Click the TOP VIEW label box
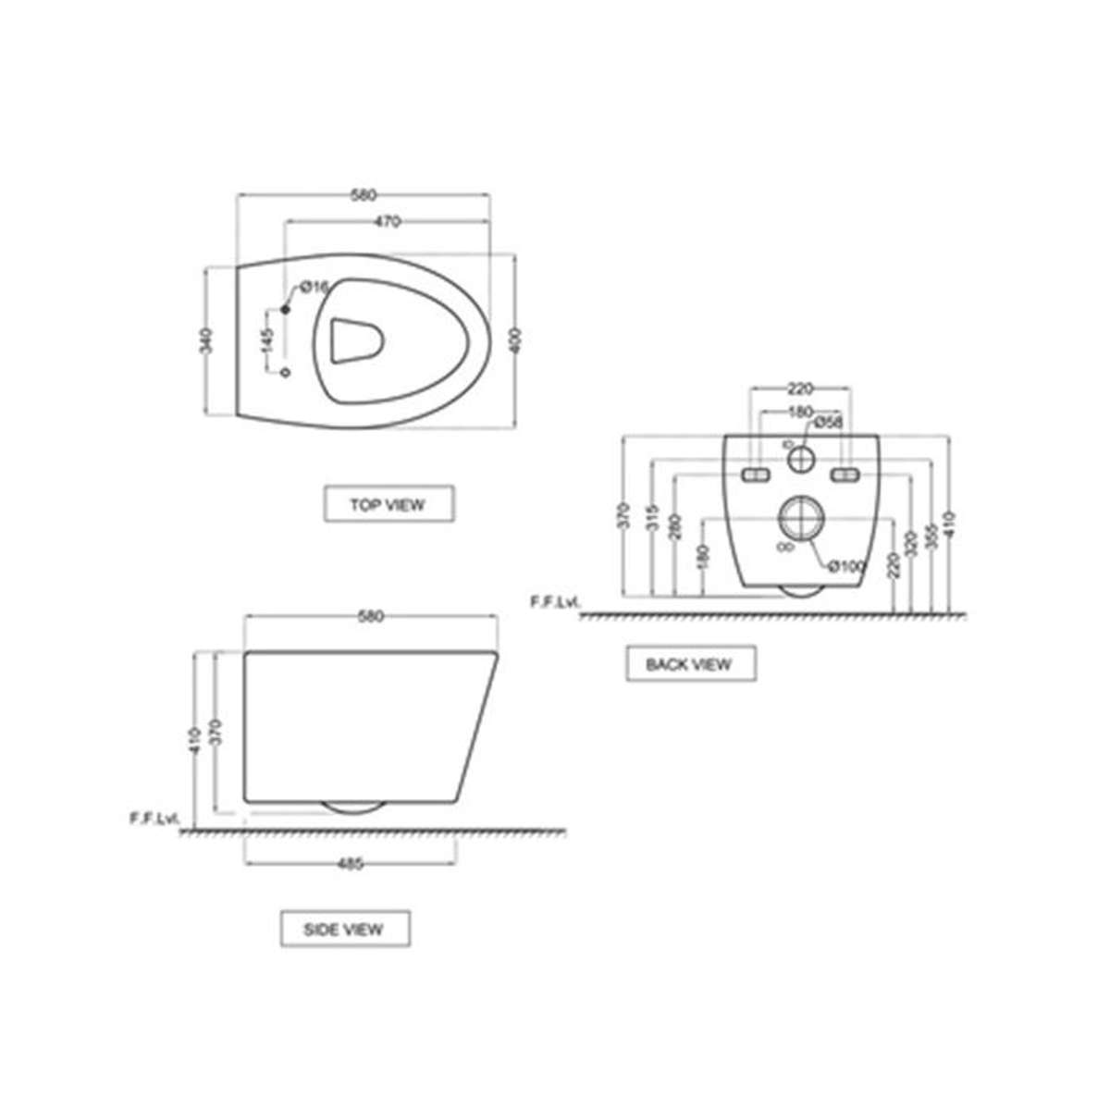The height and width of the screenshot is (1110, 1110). [388, 505]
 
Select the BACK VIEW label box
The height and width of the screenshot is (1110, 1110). [689, 663]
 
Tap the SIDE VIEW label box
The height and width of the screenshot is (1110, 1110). [344, 929]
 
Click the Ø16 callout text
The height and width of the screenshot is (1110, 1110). [314, 288]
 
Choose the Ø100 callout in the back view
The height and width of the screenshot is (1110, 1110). [845, 565]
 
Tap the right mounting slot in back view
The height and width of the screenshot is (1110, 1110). [845, 475]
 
